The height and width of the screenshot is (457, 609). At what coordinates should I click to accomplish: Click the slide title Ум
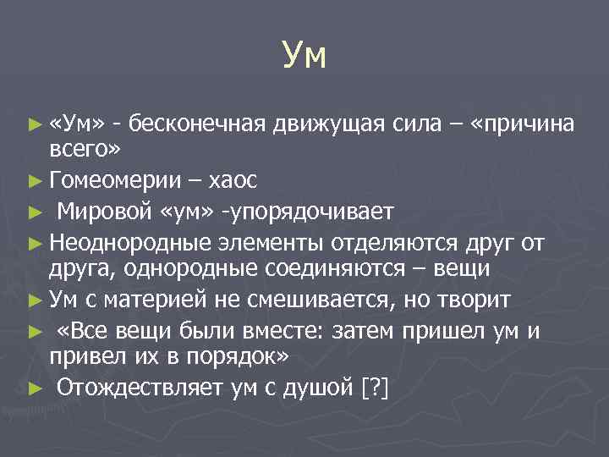click(x=304, y=58)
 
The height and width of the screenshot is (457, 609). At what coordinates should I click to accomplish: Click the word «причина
click(x=524, y=124)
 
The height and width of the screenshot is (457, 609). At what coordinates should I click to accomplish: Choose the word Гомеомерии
click(x=115, y=179)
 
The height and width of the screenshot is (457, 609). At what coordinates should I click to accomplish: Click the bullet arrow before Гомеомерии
click(x=35, y=180)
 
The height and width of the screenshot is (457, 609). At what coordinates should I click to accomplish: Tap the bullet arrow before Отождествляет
click(x=35, y=388)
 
